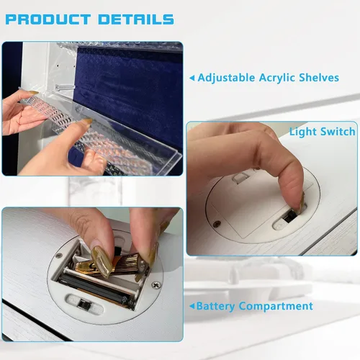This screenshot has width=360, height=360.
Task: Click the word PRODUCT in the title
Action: [x=48, y=19]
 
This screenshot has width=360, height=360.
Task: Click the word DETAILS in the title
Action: [x=136, y=19]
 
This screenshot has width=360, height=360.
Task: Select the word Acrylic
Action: [x=277, y=78]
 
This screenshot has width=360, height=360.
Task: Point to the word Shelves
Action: [x=319, y=78]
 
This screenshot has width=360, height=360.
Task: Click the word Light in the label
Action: [x=303, y=132]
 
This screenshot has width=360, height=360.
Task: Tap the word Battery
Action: [x=216, y=306]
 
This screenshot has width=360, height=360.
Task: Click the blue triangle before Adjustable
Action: [x=192, y=78]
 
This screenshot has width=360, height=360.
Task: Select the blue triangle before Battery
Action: [x=192, y=306]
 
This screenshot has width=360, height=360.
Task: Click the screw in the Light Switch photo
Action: [x=217, y=224]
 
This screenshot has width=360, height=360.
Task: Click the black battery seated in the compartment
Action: [x=96, y=289]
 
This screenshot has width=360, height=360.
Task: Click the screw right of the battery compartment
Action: [x=156, y=285]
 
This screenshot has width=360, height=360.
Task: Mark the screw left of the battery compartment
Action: [x=58, y=256]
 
